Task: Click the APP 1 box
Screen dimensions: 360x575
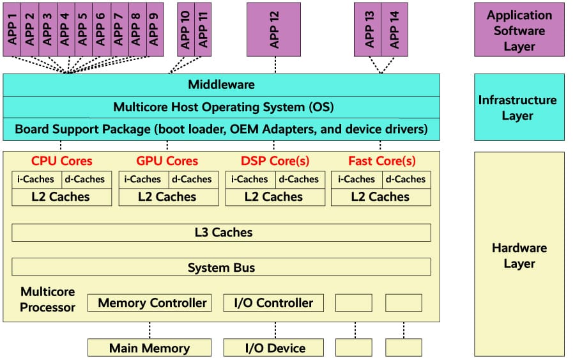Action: [x=12, y=29]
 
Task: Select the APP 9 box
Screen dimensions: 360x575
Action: [x=155, y=29]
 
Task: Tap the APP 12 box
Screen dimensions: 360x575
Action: [x=275, y=29]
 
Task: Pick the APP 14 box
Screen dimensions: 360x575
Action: [x=394, y=29]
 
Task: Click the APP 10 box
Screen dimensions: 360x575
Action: [x=185, y=29]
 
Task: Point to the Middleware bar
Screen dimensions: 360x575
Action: [x=221, y=85]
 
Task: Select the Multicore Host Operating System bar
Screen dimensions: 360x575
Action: [x=221, y=107]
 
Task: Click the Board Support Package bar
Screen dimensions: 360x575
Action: [x=221, y=129]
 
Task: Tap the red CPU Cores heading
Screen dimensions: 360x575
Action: [x=62, y=161]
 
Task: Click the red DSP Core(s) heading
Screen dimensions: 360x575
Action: [x=275, y=161]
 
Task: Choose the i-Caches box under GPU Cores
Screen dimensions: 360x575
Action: [x=144, y=179]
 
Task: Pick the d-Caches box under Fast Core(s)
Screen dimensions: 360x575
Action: [x=406, y=179]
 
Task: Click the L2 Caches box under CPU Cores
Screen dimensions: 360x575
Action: [x=62, y=197]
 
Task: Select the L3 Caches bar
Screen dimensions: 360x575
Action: [x=221, y=233]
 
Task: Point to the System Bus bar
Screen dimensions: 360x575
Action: [x=221, y=267]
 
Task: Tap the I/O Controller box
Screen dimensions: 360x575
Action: [x=273, y=303]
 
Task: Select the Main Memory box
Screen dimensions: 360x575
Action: [x=149, y=348]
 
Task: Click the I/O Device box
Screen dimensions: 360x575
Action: [x=273, y=348]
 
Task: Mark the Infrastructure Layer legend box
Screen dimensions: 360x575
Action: [x=519, y=107]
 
